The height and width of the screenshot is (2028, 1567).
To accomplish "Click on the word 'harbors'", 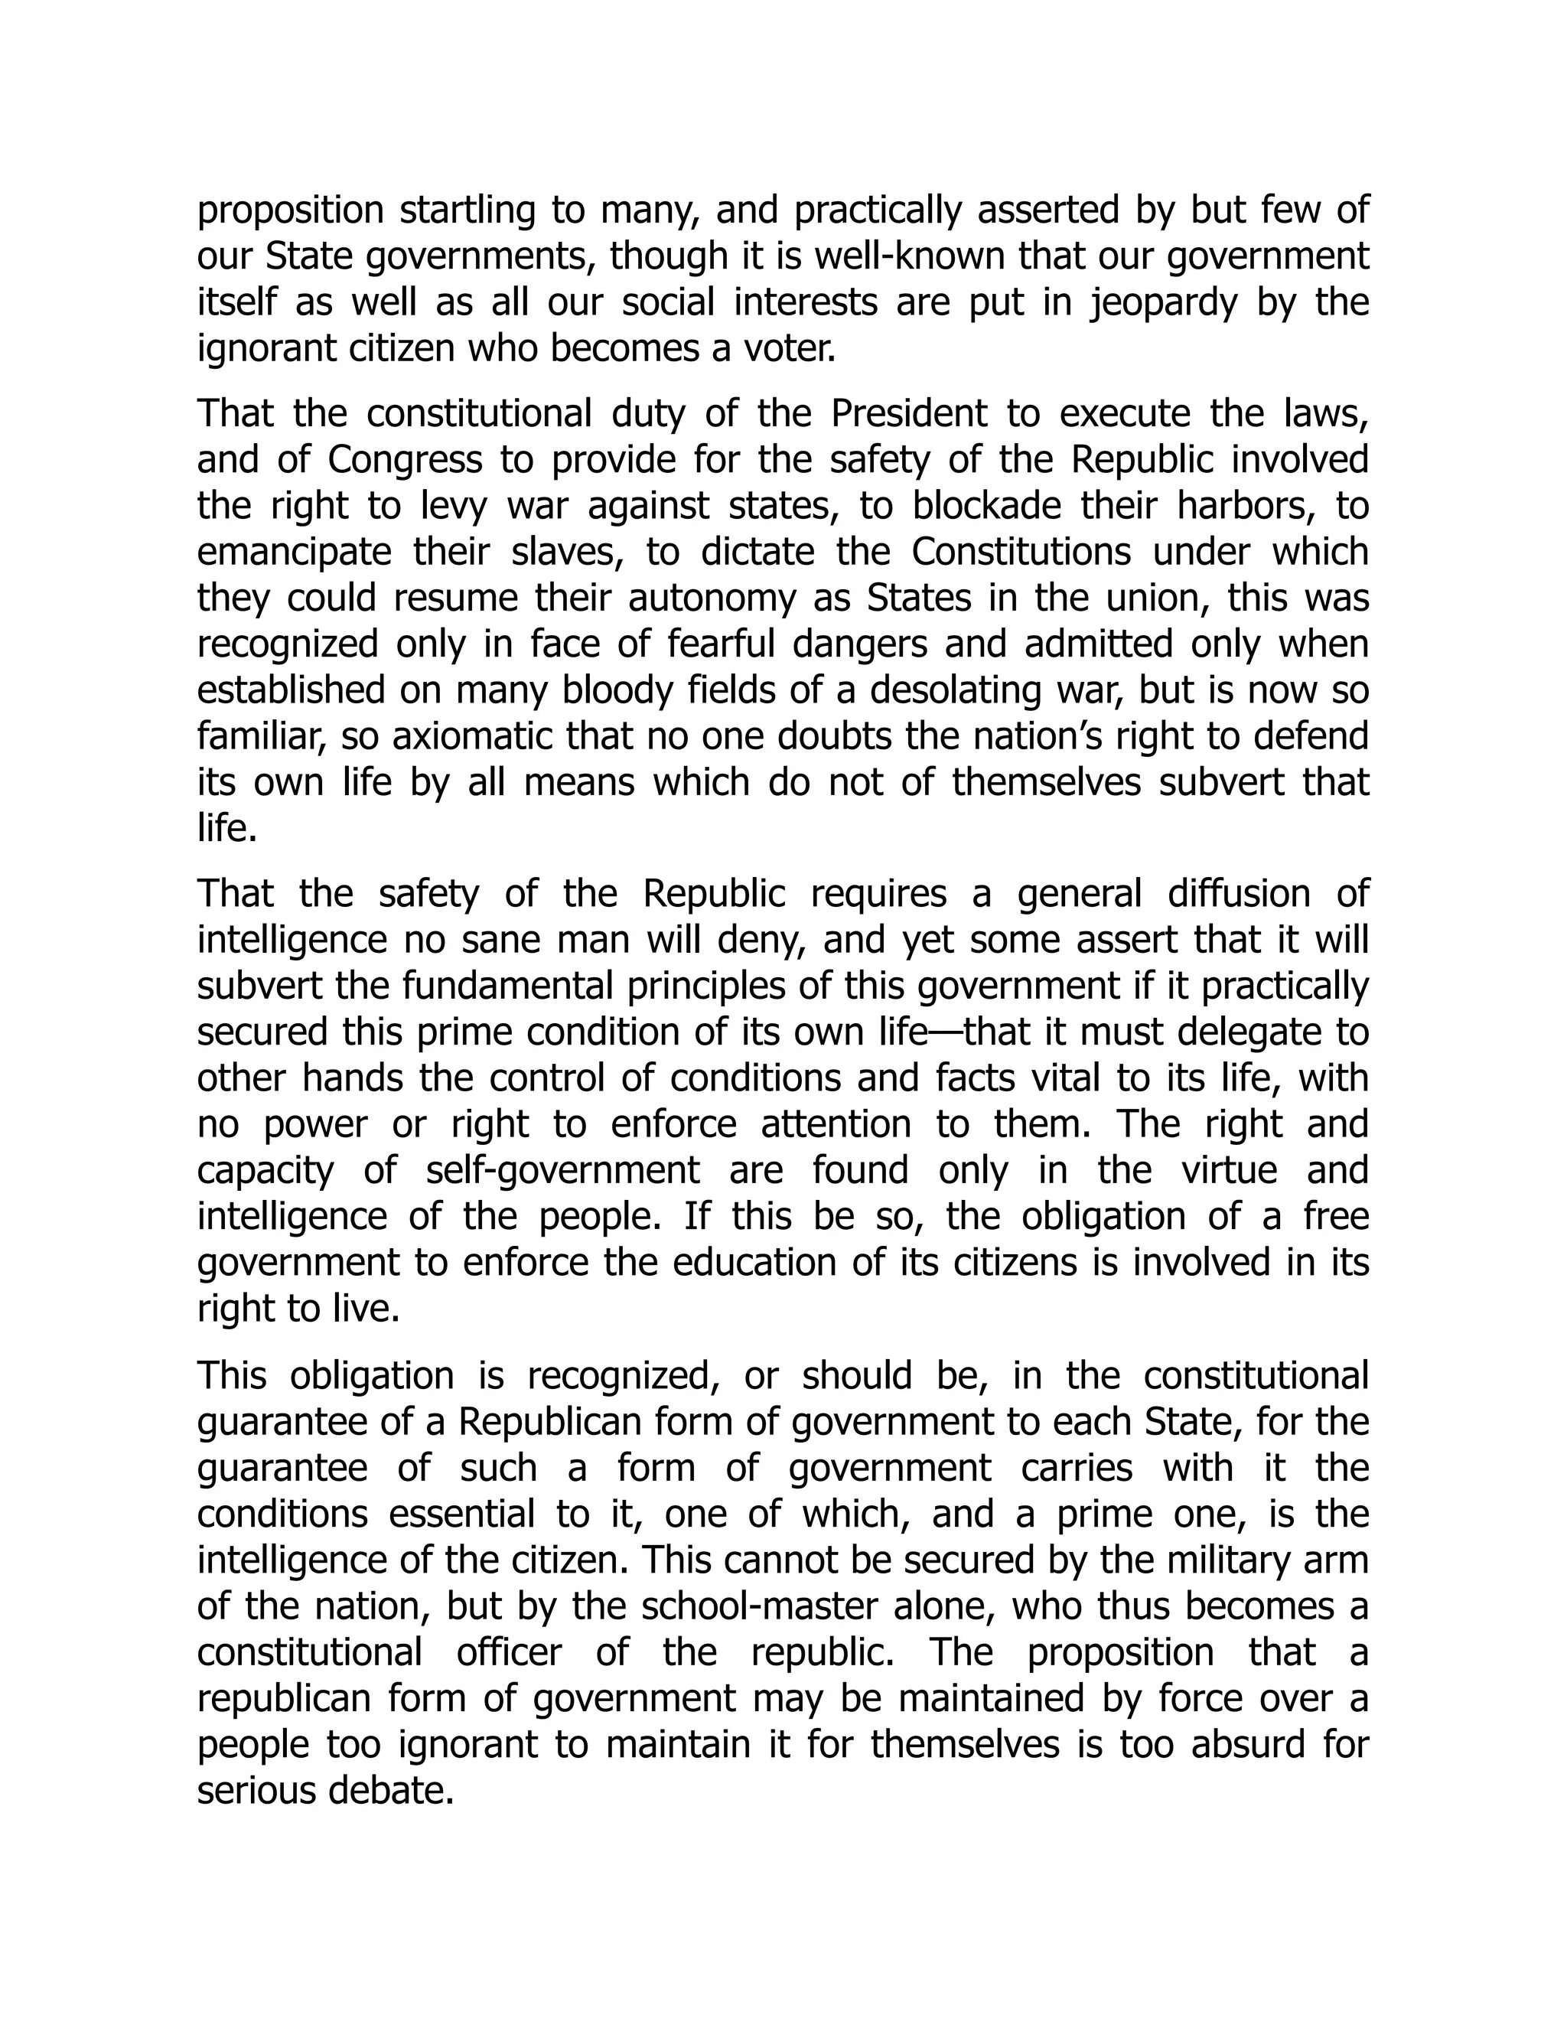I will point(1246,506).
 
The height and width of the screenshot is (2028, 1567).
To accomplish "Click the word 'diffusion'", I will point(1240,894).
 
